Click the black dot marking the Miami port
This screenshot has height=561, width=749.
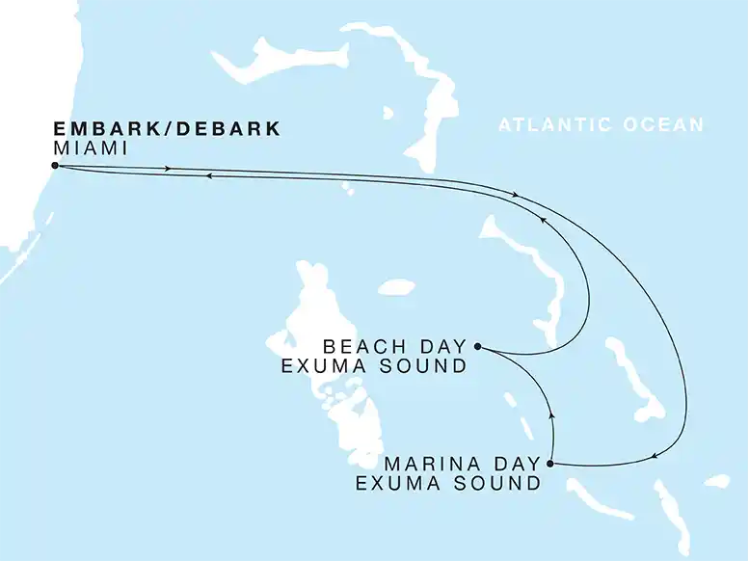(x=55, y=166)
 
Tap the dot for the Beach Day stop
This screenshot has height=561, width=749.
(x=478, y=346)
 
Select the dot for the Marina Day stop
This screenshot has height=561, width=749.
(x=550, y=464)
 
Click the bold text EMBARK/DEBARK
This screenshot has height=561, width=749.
(x=166, y=129)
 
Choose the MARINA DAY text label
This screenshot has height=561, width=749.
(x=462, y=465)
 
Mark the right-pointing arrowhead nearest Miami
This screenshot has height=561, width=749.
(x=170, y=169)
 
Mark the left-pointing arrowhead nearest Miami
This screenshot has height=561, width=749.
(x=208, y=176)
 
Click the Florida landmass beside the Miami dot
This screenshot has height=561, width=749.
(x=19, y=193)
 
